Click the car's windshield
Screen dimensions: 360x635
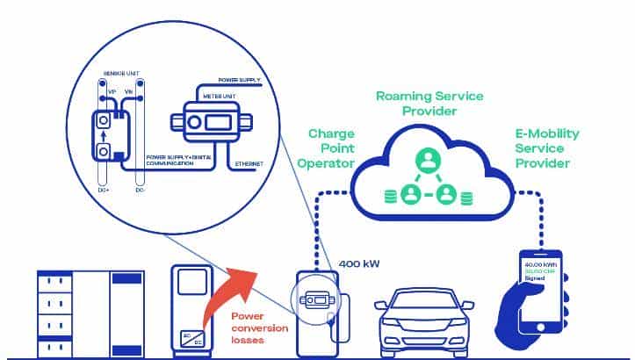pos(416,298)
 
